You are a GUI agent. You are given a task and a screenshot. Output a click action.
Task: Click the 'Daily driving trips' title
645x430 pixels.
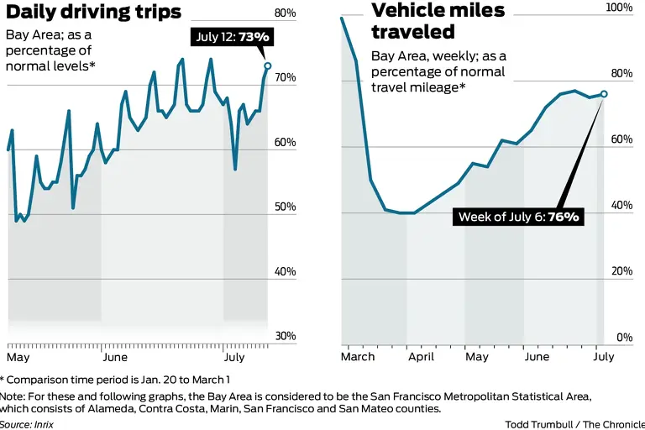93,12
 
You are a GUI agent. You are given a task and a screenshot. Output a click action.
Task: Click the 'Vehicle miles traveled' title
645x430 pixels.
438,21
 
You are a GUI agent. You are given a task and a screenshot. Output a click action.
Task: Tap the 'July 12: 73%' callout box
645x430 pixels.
231,37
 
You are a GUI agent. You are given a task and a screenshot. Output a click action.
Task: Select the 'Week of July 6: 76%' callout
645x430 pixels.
518,217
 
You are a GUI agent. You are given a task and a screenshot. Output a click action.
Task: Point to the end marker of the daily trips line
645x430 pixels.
268,66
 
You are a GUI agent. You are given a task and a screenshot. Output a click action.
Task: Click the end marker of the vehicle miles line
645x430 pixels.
604,93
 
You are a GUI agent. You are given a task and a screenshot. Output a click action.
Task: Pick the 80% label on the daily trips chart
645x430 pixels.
286,13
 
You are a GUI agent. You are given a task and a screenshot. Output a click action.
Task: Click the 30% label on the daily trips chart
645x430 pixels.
286,336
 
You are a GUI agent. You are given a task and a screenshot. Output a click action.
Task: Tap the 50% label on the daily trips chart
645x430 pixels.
286,207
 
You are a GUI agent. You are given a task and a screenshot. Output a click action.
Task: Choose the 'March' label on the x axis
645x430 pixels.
358,356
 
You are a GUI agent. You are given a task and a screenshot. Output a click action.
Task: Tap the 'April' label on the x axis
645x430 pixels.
422,356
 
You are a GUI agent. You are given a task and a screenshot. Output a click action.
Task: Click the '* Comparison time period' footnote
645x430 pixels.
114,380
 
